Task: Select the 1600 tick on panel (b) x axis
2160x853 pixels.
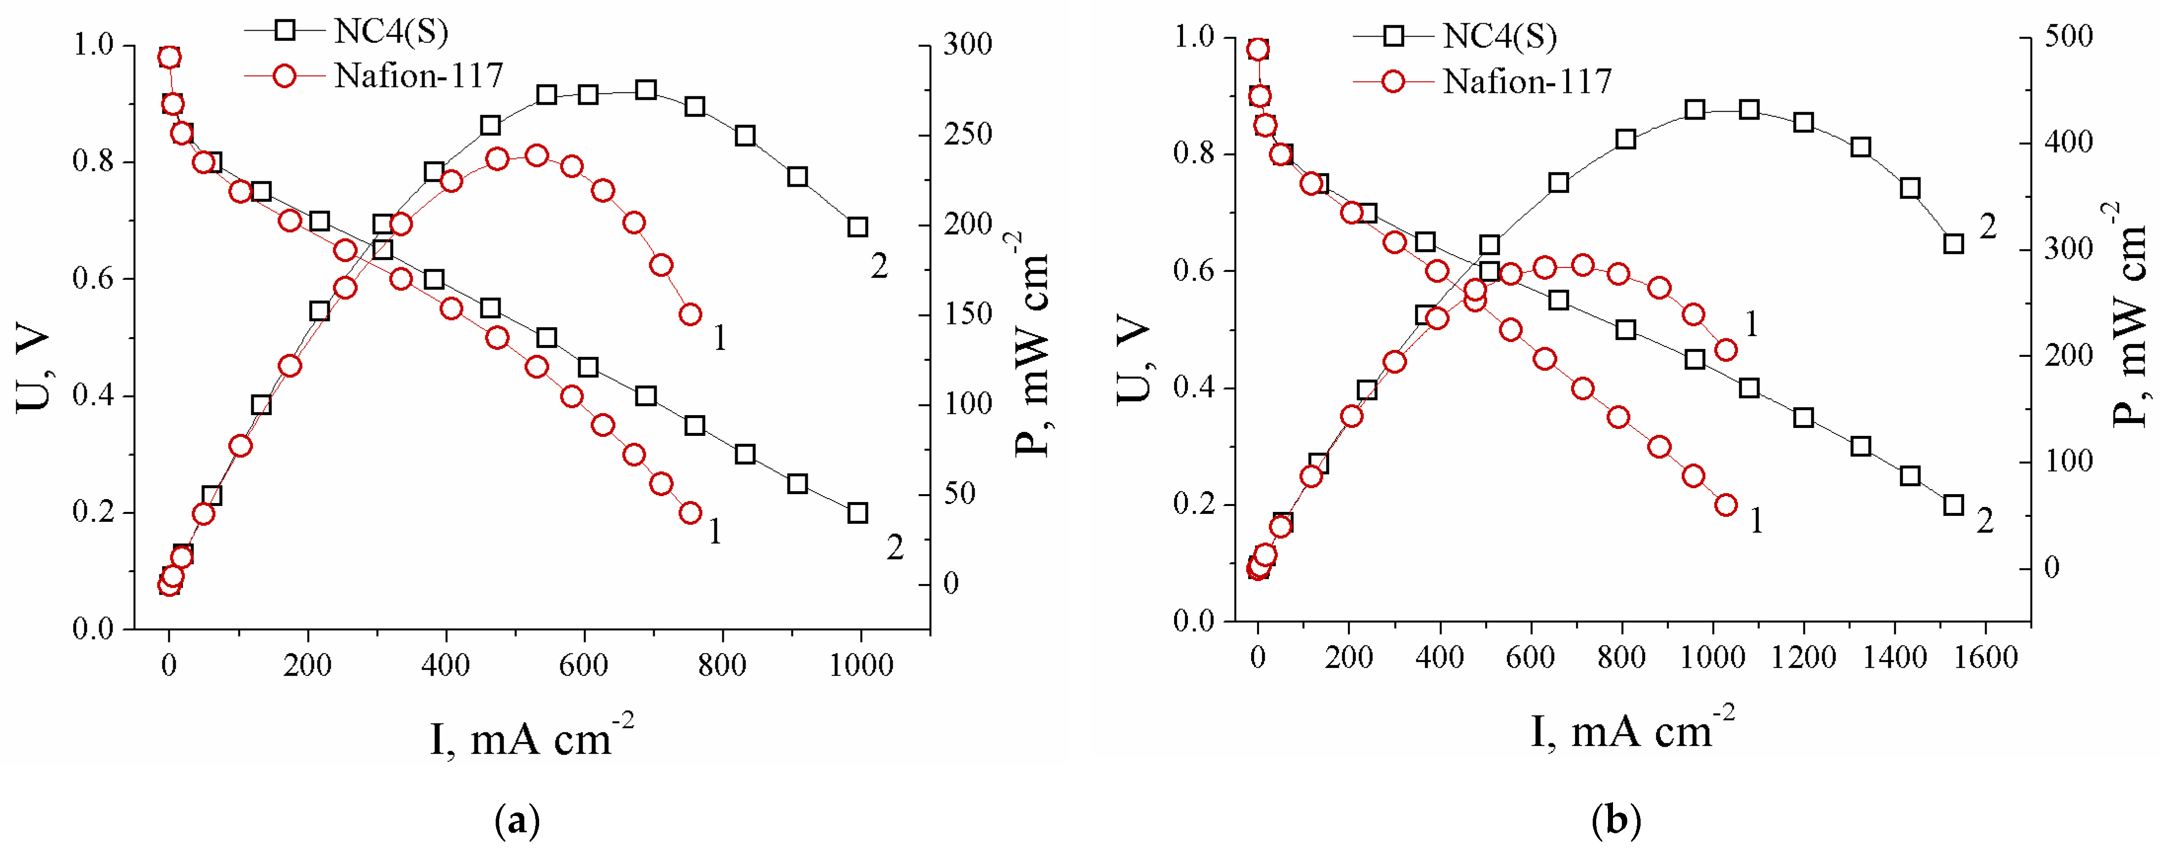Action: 1985,657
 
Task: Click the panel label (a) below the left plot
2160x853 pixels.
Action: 517,819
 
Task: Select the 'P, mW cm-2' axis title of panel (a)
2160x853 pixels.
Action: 1031,344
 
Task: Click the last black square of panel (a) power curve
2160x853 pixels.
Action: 857,227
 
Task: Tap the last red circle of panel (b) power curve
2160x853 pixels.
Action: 1726,350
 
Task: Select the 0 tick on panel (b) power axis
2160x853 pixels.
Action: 2051,568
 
